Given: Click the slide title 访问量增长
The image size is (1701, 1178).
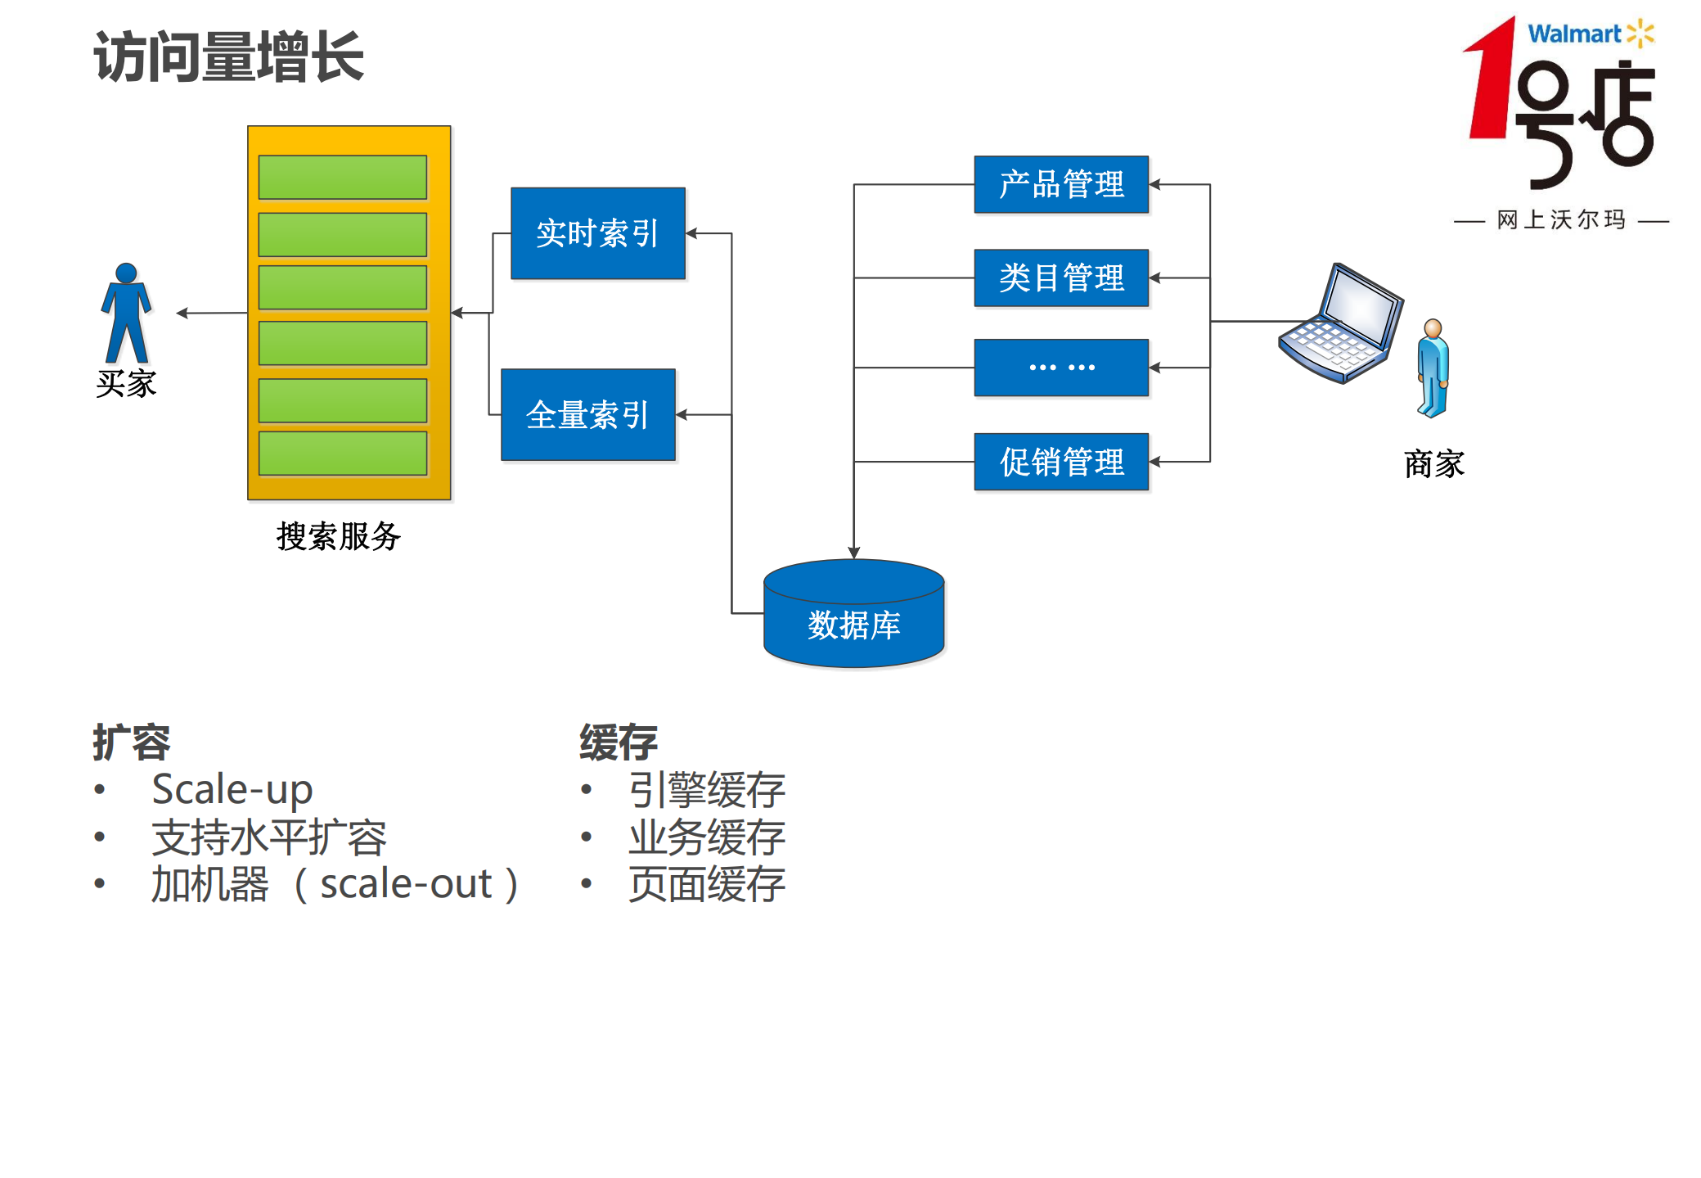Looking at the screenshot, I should [228, 56].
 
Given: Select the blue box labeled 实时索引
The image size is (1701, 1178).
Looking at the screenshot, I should [597, 233].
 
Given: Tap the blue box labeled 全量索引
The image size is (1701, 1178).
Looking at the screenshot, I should [587, 415].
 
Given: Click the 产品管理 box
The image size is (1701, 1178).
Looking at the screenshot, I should [1060, 184].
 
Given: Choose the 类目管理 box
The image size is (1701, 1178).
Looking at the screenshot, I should [1060, 278].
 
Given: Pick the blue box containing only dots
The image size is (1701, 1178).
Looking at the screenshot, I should [1060, 368].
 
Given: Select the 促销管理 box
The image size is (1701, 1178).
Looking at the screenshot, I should [1060, 462].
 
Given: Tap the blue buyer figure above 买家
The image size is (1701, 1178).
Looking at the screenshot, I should [126, 314].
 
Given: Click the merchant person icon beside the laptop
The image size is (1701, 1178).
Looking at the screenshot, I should [1433, 368].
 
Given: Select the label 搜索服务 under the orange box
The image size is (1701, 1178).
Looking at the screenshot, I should [338, 536].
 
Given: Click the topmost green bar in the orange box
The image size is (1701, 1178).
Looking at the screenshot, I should [342, 177].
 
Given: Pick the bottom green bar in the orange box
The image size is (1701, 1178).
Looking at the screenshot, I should [342, 454].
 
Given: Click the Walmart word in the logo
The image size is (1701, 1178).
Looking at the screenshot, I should [1573, 34].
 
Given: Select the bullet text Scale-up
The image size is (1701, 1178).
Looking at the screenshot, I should [232, 789].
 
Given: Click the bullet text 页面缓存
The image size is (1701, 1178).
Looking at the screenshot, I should [706, 884].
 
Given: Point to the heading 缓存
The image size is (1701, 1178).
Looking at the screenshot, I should [618, 742].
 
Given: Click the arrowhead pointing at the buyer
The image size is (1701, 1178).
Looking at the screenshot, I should [182, 313].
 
